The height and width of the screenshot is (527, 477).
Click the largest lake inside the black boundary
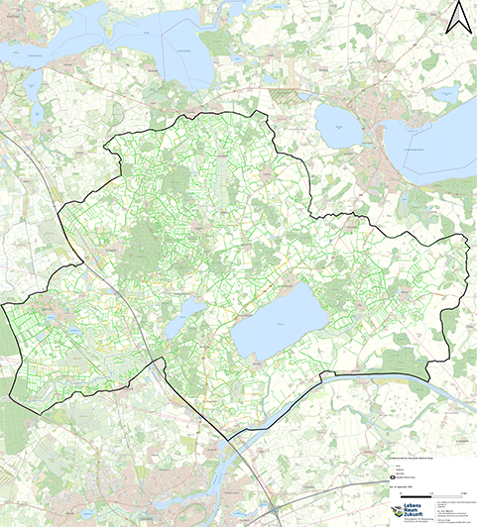click(280, 324)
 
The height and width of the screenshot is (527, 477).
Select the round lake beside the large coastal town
click(338, 127)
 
